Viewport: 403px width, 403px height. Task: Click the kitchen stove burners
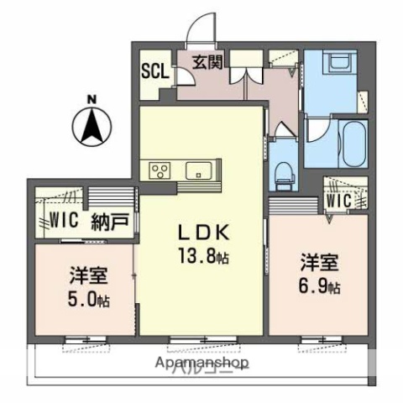pos(160,170)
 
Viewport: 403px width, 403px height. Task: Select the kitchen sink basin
pos(199,170)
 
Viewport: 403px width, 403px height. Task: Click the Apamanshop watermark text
pos(201,364)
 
